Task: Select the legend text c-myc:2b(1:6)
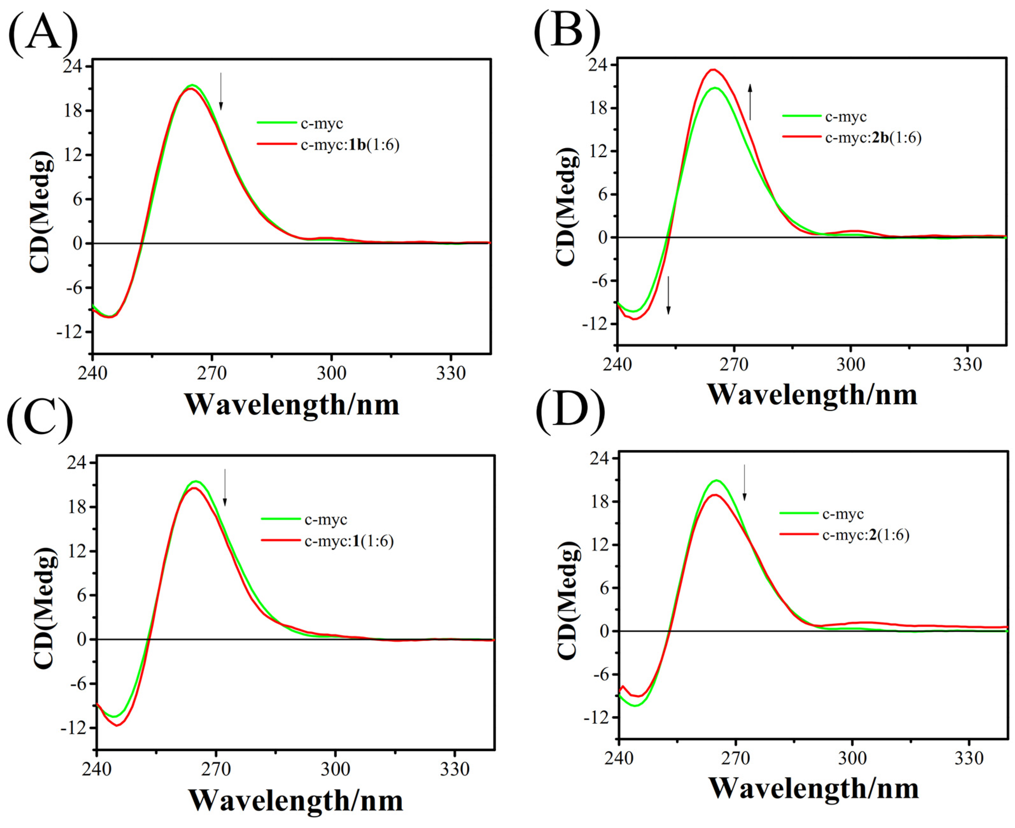coord(873,138)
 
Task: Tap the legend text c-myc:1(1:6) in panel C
coord(349,541)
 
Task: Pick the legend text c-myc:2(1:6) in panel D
coord(866,535)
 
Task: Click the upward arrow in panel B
coord(750,102)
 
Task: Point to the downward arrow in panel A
coord(220,91)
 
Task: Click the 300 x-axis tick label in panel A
coord(331,373)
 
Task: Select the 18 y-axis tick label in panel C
coord(77,507)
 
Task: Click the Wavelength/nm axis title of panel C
coord(295,801)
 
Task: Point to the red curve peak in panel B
coord(713,70)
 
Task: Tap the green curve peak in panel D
coord(716,480)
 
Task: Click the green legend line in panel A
coord(277,123)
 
